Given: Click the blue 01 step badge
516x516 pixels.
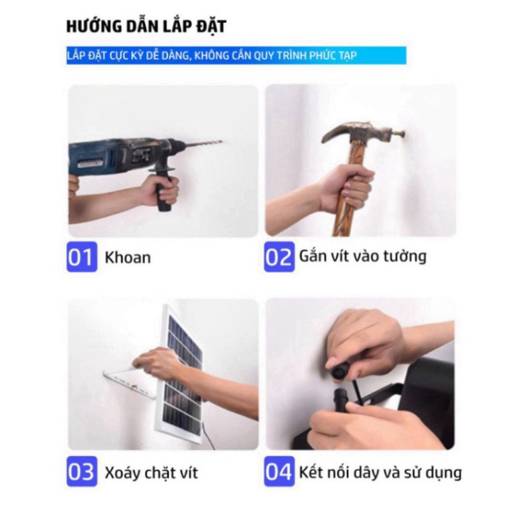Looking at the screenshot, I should (81, 257).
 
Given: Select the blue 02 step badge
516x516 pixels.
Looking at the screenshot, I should (279, 257).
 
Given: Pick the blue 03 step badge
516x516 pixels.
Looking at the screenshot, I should (81, 471).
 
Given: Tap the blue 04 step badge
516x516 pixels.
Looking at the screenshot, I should (279, 471).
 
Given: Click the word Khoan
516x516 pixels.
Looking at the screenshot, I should (127, 258).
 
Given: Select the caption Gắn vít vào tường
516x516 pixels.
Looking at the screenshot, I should (363, 256).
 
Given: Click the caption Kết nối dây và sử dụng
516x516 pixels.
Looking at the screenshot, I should (380, 471).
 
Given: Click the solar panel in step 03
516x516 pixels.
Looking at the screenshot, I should (181, 380).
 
